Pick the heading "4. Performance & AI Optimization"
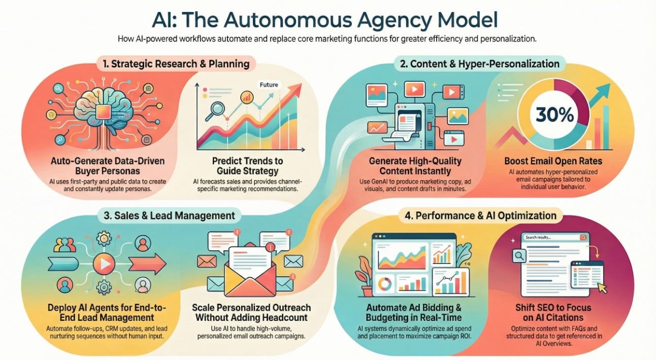point(480,215)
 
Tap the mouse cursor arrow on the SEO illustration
point(602,287)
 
